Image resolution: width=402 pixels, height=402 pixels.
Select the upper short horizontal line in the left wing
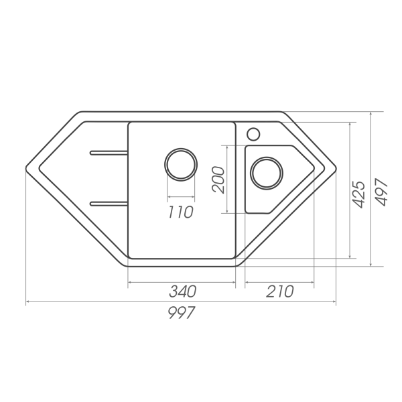tap(103, 152)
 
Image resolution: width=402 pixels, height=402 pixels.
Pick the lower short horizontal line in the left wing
tap(103, 200)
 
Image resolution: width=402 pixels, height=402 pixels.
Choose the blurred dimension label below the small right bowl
tap(277, 292)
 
